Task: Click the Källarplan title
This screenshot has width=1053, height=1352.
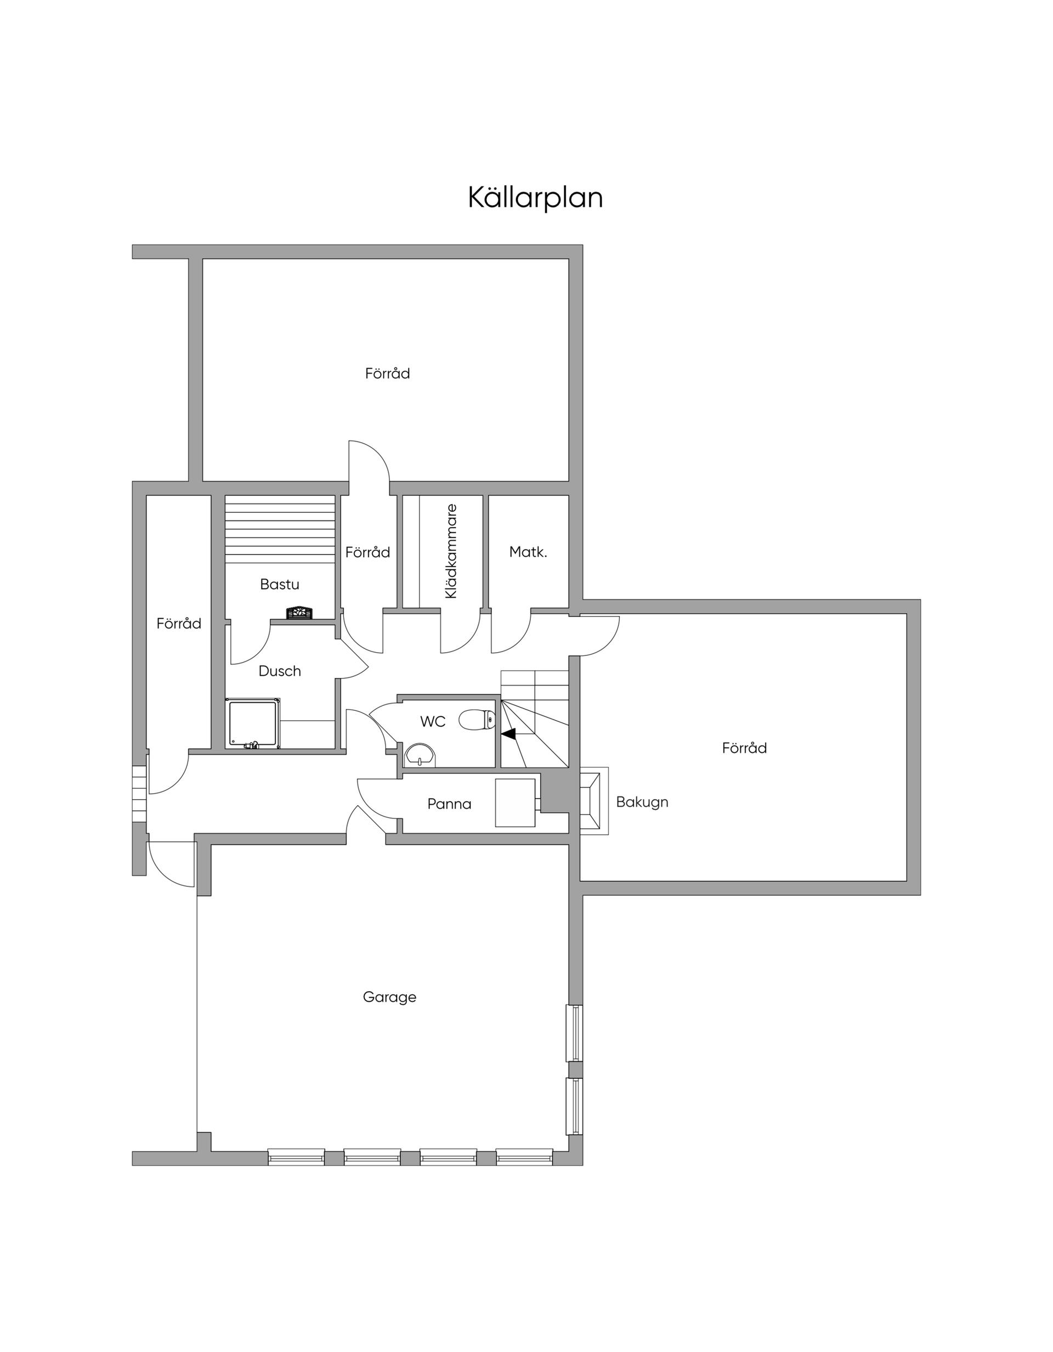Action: [x=535, y=197]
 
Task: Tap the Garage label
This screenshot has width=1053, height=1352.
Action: [x=389, y=997]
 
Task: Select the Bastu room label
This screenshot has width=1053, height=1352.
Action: [x=280, y=584]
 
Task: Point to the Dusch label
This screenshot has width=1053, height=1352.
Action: [x=280, y=670]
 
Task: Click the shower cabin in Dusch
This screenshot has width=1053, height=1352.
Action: [x=253, y=723]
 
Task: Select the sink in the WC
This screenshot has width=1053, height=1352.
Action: [x=420, y=755]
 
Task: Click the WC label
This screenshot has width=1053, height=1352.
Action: [x=433, y=721]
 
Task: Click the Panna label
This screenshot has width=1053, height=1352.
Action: [x=449, y=804]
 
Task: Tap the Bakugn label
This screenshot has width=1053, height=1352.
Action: [x=642, y=802]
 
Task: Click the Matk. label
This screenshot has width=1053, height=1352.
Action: [x=528, y=552]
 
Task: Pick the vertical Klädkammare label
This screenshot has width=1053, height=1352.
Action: [x=451, y=551]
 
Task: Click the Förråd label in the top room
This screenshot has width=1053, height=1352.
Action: [x=388, y=374]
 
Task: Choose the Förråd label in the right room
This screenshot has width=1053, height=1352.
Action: [x=744, y=748]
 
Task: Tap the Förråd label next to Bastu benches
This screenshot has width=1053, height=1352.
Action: [x=367, y=552]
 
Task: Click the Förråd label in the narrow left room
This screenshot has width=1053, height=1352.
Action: [x=179, y=624]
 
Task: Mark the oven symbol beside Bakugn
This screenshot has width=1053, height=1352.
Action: [x=593, y=801]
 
